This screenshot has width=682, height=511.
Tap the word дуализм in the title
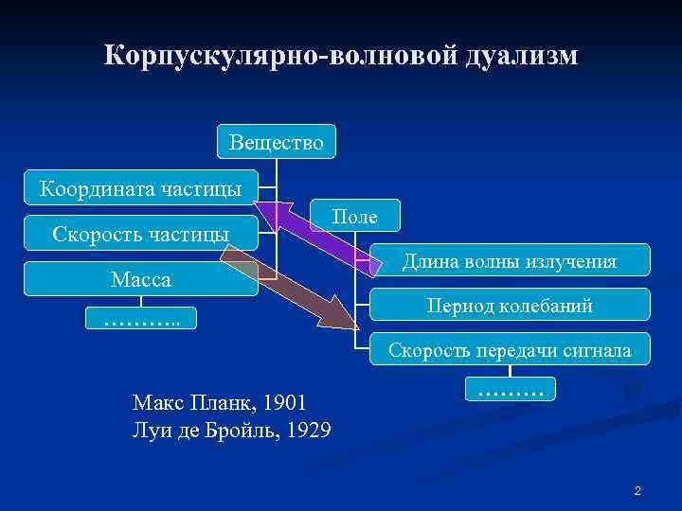click(520, 56)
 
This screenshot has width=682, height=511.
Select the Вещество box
click(276, 142)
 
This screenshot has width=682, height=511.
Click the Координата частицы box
click(140, 188)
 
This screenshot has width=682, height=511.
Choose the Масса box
click(140, 279)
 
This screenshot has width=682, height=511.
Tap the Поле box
click(355, 217)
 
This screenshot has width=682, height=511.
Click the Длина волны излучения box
click(510, 260)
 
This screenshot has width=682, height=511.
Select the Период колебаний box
click(510, 305)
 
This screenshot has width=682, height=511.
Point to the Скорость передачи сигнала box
click(510, 349)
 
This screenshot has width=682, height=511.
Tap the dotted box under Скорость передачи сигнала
click(511, 387)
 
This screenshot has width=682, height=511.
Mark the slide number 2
click(637, 491)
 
